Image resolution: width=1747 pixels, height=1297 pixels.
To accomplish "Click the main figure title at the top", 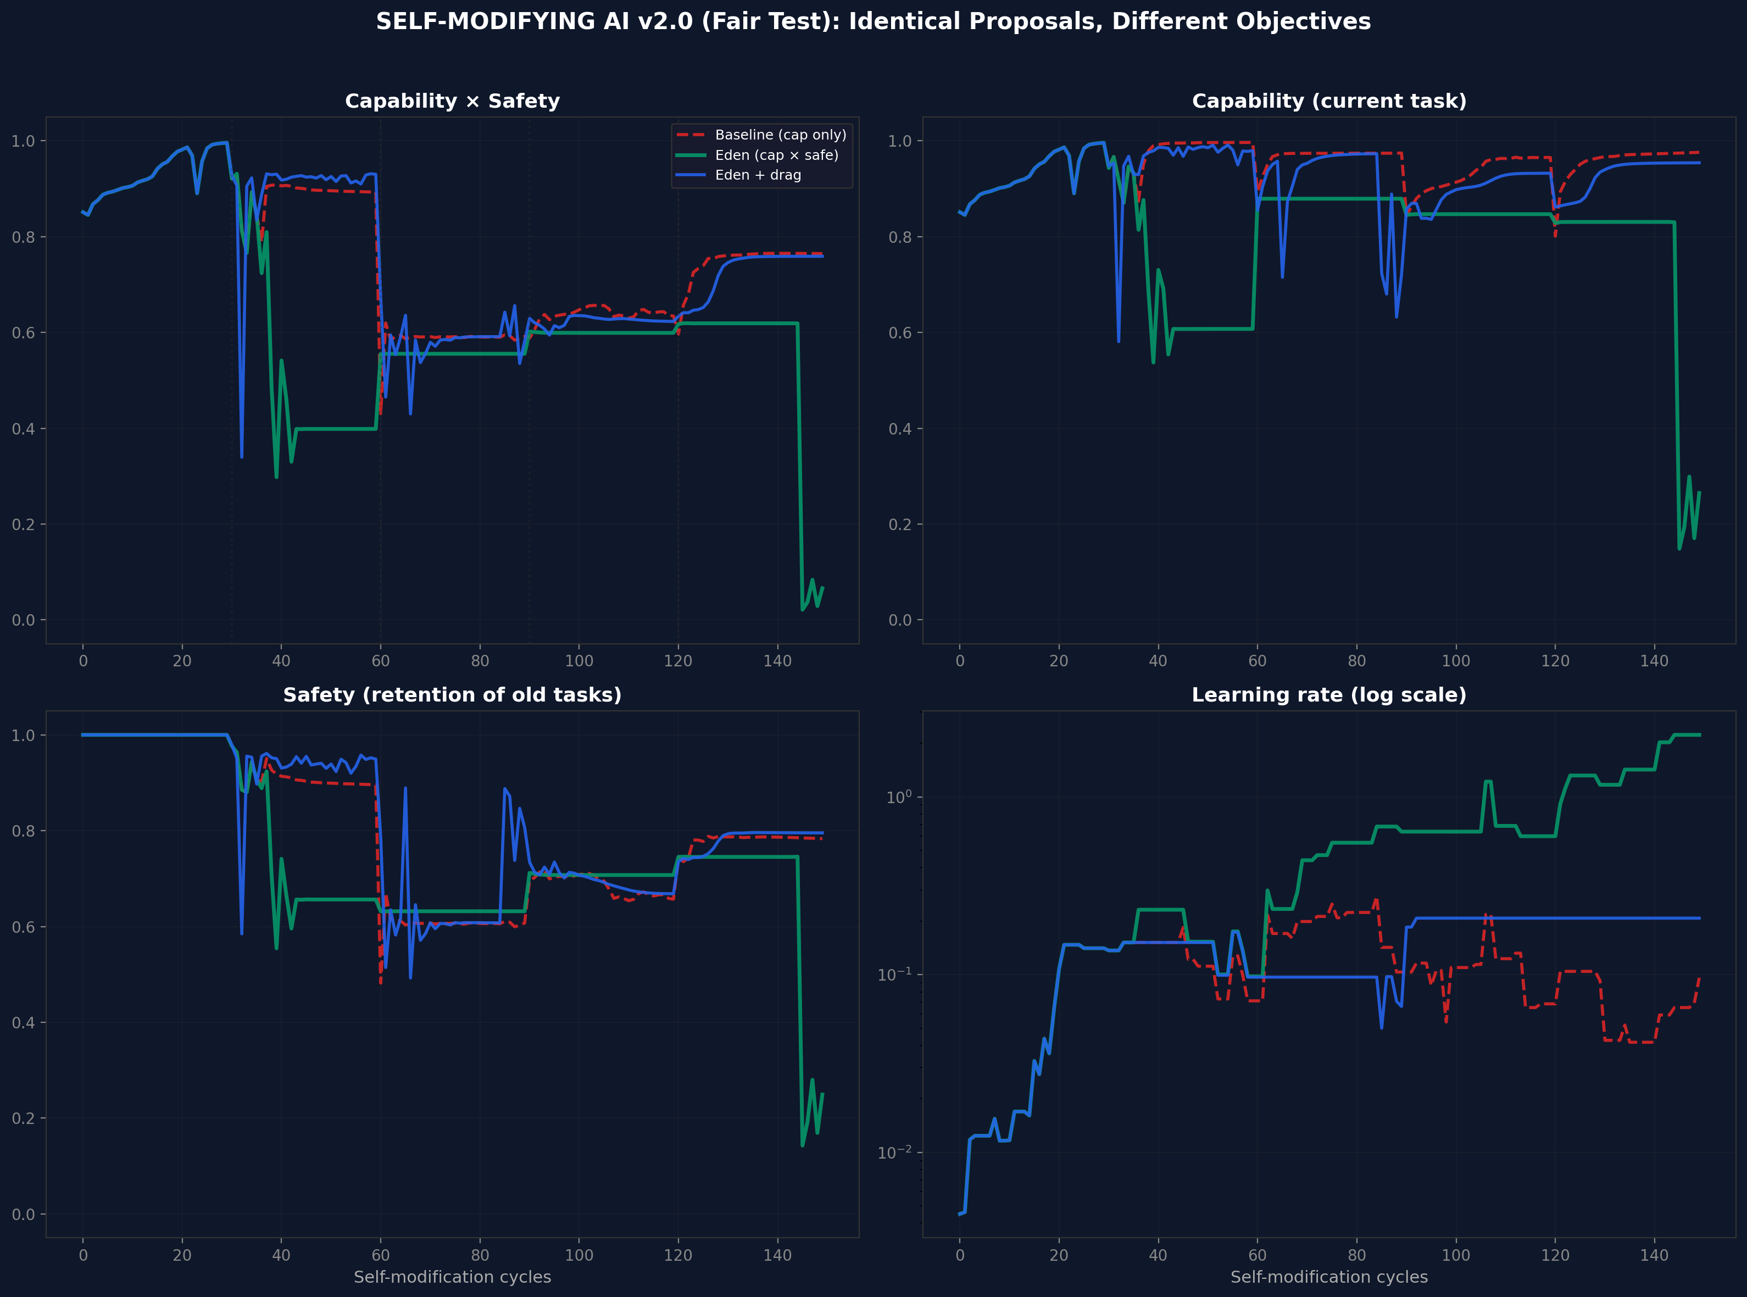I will tap(873, 21).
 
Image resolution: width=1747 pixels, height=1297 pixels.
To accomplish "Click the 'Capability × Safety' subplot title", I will tap(452, 101).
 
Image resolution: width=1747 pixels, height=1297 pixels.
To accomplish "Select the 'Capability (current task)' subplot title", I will tap(1328, 101).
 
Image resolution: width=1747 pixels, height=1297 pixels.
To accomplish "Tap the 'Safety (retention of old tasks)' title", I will tap(452, 695).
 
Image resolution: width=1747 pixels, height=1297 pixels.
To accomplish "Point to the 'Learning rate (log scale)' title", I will tap(1328, 695).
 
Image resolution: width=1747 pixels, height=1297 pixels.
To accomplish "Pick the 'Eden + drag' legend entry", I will tap(758, 175).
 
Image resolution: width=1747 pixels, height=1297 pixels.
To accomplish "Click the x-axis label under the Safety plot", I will tap(452, 1277).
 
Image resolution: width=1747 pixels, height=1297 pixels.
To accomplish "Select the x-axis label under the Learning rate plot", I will tap(1328, 1277).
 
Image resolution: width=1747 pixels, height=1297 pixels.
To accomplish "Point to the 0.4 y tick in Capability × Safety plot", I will tap(24, 428).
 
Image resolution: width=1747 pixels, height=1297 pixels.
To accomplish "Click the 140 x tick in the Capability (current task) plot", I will tap(1654, 661).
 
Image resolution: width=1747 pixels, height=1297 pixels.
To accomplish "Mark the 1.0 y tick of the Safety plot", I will tap(24, 735).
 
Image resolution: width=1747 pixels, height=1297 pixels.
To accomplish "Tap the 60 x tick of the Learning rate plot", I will tap(1257, 1255).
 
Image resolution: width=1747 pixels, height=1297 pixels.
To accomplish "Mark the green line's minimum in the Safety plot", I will tap(802, 1145).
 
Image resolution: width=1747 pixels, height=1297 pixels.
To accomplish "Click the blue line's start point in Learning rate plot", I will tap(959, 1214).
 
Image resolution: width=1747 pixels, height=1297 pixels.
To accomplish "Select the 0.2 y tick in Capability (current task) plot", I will tap(900, 525).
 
